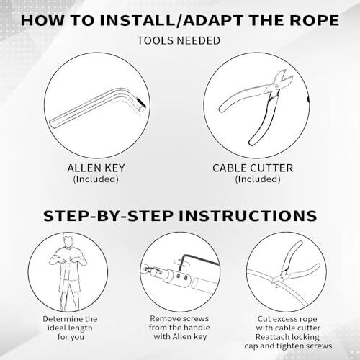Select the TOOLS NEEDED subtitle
179,40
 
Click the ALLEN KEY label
96,168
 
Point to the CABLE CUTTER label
253,168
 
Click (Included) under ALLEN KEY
96,179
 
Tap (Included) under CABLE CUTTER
258,179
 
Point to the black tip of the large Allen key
141,103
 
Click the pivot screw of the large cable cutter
277,85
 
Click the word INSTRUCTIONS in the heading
248,215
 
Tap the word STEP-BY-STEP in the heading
108,215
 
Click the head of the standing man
68,241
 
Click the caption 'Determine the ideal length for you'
70,328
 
